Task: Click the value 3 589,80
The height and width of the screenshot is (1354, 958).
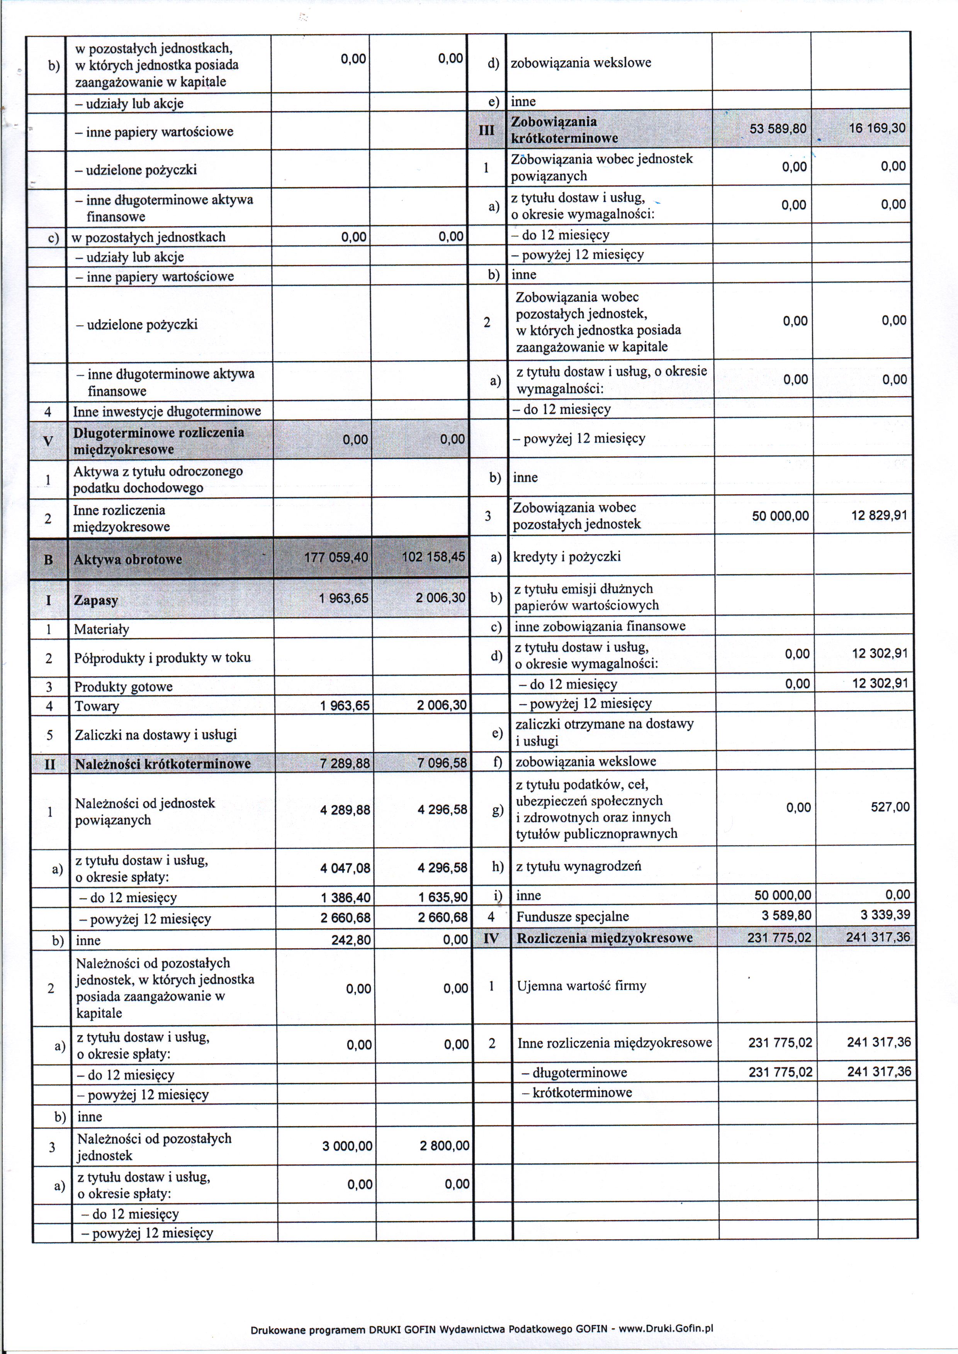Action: click(x=783, y=915)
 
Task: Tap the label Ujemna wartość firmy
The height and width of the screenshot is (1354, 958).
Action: click(x=581, y=985)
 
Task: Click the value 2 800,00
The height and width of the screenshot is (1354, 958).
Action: click(x=444, y=1146)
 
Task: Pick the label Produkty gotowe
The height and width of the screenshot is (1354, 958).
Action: click(x=123, y=686)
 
